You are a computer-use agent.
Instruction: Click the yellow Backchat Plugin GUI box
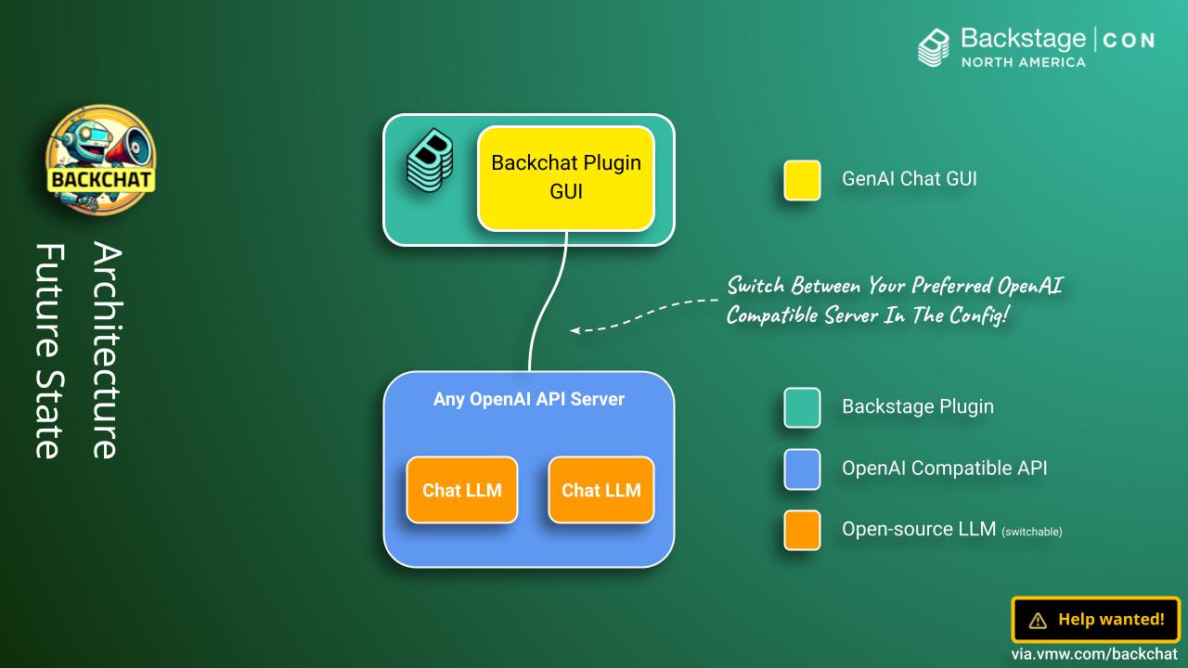566,178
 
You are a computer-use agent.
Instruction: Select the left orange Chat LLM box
461,490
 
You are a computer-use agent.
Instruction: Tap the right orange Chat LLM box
601,490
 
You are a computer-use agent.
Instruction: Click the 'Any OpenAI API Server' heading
529,399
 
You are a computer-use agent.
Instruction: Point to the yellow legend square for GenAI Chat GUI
802,180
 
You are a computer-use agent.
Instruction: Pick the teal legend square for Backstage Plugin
802,407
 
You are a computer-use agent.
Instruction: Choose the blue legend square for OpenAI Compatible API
802,469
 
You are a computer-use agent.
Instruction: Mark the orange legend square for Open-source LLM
802,530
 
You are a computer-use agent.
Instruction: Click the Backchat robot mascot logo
101,153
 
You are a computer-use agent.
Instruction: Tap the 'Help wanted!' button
1095,620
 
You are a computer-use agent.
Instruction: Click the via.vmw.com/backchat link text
1095,654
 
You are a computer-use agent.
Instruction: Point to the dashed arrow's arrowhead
575,329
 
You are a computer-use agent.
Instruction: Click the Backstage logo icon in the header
935,47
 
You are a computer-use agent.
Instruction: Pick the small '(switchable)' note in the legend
1032,533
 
